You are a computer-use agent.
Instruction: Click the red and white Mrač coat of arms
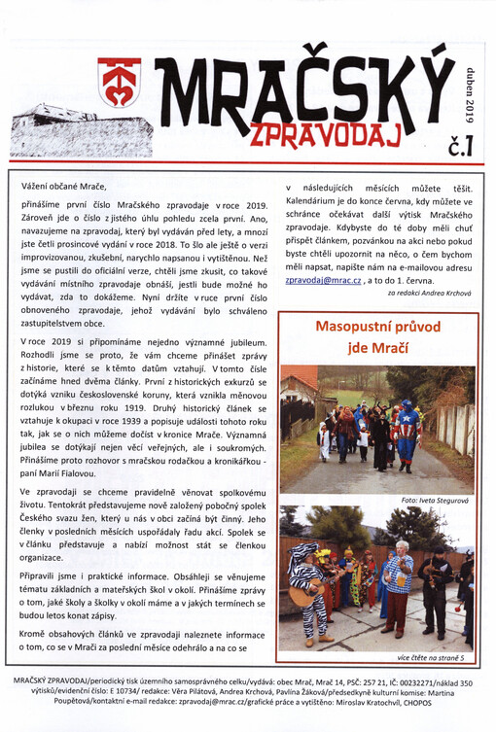point(119,82)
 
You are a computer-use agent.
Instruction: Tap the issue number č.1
point(460,147)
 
